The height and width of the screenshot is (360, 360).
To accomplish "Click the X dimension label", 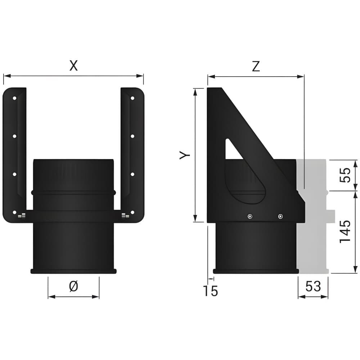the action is click(73, 66).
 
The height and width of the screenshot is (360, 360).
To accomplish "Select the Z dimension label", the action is click(256, 66).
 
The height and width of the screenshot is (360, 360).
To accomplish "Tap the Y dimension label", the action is click(185, 155).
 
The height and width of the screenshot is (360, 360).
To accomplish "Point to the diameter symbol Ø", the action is click(73, 286).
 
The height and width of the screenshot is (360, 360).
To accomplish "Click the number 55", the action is click(345, 175).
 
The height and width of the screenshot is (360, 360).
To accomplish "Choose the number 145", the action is click(345, 231).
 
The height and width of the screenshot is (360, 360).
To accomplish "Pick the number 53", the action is click(313, 286).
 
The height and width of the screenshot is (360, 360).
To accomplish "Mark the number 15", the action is click(210, 291).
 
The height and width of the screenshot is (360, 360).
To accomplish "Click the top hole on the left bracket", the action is click(14, 98).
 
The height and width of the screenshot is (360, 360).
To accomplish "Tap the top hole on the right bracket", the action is click(132, 98).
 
